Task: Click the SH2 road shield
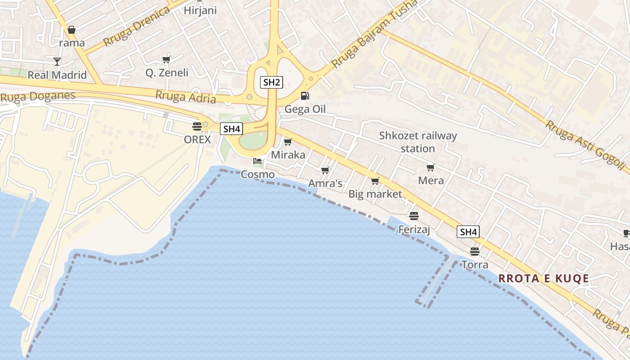pos(271,82)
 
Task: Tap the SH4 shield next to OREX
pos(232,129)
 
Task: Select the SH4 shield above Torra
pos(468,232)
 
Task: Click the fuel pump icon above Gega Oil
pos(305,95)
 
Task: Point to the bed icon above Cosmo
pos(257,161)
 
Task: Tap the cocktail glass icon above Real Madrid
pos(57,61)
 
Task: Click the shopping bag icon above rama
pos(72,30)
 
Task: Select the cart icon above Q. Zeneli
pos(166,59)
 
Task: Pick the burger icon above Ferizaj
pos(414,216)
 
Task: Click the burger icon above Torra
pos(475,251)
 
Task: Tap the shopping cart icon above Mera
pos(431,167)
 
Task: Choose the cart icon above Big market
pos(375,181)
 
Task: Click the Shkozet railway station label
pos(418,142)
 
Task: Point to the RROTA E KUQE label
pos(544,279)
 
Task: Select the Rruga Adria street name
pos(185,97)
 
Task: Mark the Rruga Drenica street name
pos(136,27)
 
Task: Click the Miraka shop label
pos(288,155)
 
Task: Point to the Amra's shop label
pos(325,183)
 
